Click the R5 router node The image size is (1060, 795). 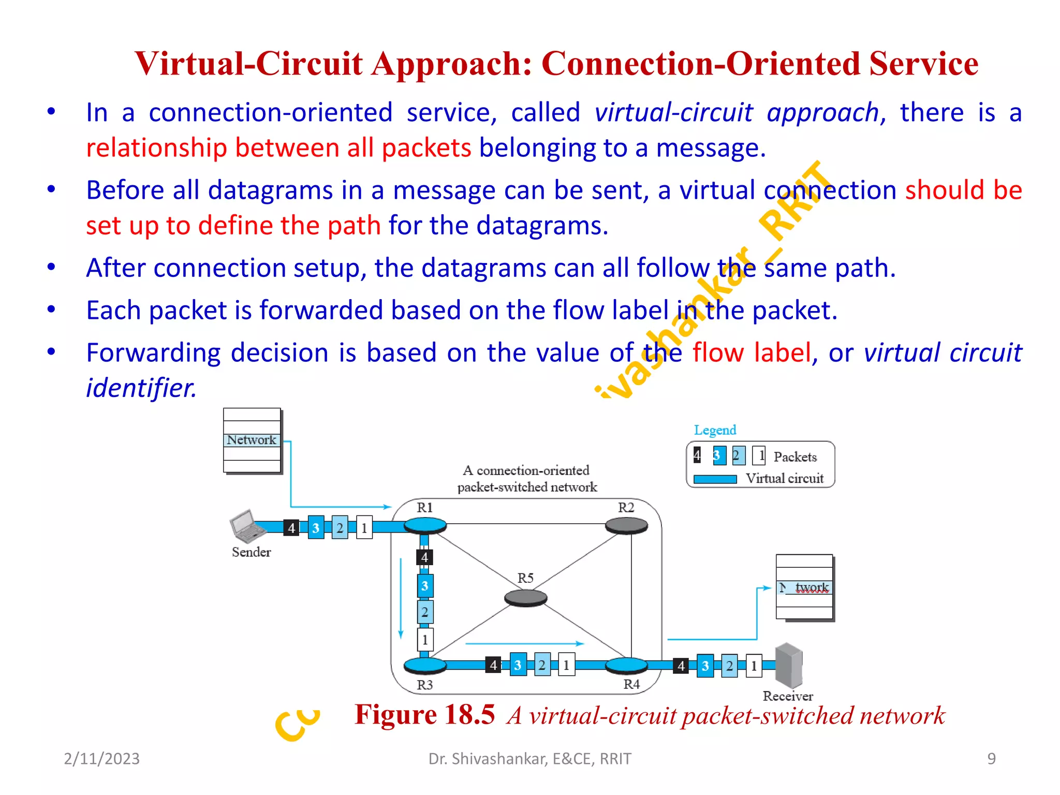pyautogui.click(x=525, y=598)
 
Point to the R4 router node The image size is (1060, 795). pyautogui.click(x=626, y=665)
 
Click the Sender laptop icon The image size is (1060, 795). pyautogui.click(x=246, y=526)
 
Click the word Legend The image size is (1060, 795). pyautogui.click(x=715, y=430)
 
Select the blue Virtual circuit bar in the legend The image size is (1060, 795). pyautogui.click(x=715, y=479)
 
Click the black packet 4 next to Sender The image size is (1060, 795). pyautogui.click(x=291, y=528)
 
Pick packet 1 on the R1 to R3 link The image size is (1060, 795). pyautogui.click(x=425, y=640)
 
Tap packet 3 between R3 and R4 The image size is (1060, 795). pyautogui.click(x=518, y=665)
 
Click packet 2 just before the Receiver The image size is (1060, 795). pyautogui.click(x=729, y=666)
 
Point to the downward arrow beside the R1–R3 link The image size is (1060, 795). pyautogui.click(x=401, y=598)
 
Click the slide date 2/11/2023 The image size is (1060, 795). pyautogui.click(x=101, y=759)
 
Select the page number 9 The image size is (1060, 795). pyautogui.click(x=991, y=759)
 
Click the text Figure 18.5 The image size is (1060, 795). pyautogui.click(x=424, y=715)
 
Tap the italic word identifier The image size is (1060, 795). pyautogui.click(x=141, y=388)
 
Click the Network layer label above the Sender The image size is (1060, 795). pyautogui.click(x=252, y=440)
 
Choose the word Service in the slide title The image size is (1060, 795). pyautogui.click(x=923, y=64)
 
